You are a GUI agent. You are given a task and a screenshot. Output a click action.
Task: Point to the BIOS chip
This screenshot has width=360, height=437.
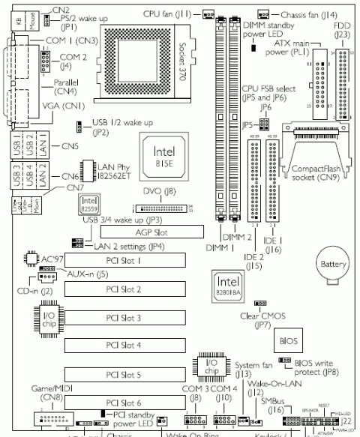pyautogui.click(x=291, y=340)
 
